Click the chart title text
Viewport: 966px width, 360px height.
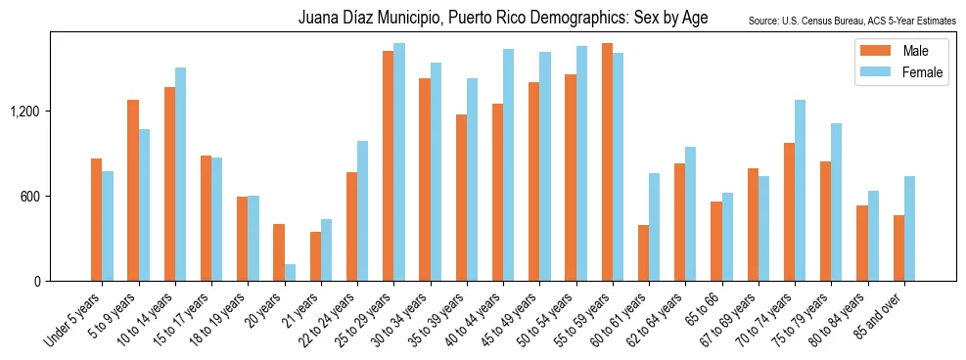point(503,19)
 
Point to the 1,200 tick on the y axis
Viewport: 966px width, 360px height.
point(23,112)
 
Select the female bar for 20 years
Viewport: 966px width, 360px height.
point(291,272)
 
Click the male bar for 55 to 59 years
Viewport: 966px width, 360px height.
point(607,162)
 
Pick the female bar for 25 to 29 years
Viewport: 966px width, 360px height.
point(399,162)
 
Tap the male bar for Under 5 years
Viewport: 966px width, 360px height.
point(96,220)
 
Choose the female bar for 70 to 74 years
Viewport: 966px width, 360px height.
point(801,191)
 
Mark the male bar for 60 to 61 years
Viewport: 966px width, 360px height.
point(643,253)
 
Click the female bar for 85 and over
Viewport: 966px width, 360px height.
point(910,229)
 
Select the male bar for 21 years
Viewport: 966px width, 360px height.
point(315,256)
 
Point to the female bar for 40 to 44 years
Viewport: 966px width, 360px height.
point(509,165)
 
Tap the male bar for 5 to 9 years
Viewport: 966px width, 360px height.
point(133,191)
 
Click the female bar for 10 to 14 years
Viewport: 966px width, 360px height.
point(181,174)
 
